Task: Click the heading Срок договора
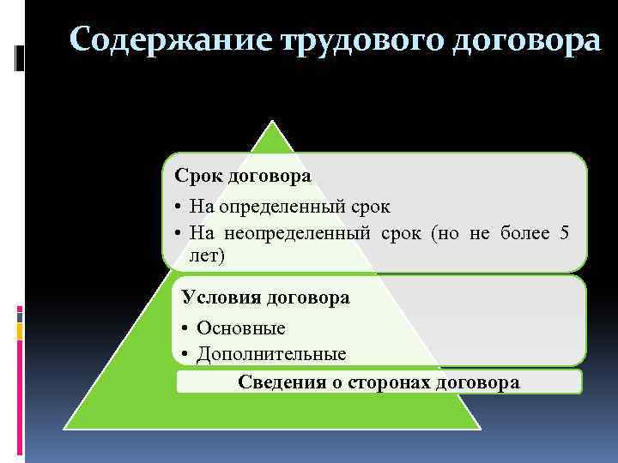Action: point(243,175)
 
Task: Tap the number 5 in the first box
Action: point(563,232)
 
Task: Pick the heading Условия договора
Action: point(265,298)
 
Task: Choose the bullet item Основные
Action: point(240,328)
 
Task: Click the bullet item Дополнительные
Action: point(271,353)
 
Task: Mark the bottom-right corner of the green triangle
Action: point(480,427)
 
